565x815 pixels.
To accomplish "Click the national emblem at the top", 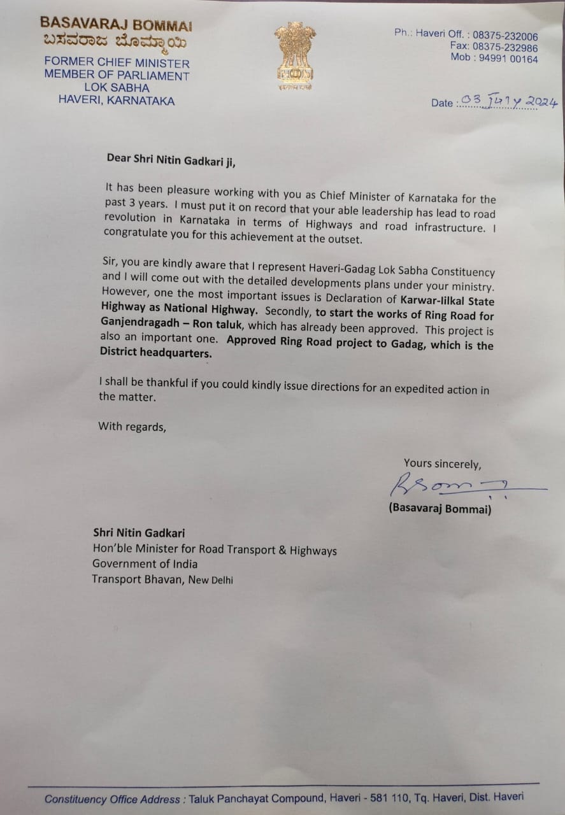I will point(295,57).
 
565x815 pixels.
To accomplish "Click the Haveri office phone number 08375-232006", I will point(505,36).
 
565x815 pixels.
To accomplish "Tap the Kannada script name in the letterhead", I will point(115,43).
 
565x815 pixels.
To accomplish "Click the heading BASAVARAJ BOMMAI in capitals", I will point(116,25).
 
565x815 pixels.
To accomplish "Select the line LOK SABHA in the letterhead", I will point(117,88).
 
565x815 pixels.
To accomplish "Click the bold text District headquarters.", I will point(155,353).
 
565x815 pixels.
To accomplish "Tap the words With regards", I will point(132,427).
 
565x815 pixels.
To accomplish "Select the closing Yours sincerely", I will point(442,464).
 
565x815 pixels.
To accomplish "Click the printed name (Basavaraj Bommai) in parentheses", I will point(440,510).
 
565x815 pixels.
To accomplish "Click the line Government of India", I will point(145,564).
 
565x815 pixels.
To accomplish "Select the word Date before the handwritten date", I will point(441,103).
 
